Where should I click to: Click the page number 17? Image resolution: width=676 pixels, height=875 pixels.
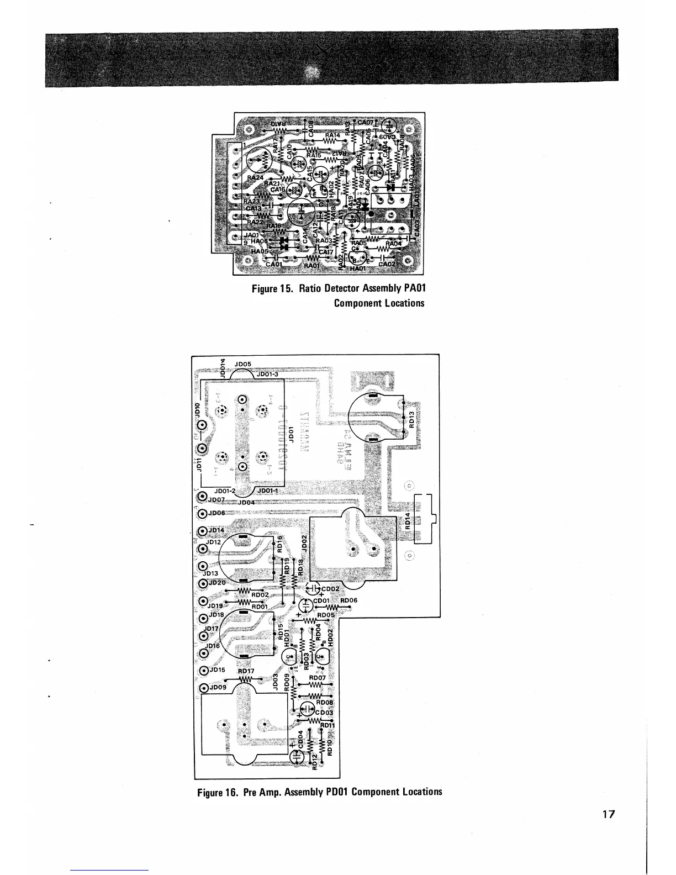tap(609, 814)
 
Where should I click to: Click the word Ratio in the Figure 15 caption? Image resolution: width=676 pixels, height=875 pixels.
tap(310, 289)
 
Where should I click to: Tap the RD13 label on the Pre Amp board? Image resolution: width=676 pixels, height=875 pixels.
tap(411, 422)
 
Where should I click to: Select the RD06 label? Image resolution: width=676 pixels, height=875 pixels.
tap(349, 600)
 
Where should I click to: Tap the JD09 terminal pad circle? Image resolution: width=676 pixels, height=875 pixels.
tap(203, 688)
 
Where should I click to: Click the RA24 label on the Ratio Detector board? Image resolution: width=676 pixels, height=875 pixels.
tap(256, 178)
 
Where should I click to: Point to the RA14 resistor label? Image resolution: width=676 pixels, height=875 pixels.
tap(333, 134)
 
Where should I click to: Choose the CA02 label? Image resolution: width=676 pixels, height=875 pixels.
tap(387, 265)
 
